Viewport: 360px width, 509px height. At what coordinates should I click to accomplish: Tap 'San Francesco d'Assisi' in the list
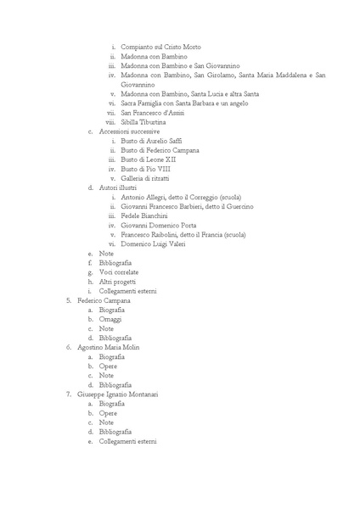[154, 112]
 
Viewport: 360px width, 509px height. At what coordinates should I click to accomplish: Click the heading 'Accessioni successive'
[129, 131]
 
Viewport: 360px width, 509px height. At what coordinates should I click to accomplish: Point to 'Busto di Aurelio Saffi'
[151, 140]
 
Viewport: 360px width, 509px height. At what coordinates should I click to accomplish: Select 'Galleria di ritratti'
[148, 177]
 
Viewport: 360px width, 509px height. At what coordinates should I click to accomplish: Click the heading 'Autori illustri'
[118, 187]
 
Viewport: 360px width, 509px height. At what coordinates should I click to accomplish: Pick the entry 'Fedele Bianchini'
[146, 215]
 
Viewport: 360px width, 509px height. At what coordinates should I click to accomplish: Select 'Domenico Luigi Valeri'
[153, 243]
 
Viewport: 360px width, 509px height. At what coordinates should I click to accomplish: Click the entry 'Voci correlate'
[117, 271]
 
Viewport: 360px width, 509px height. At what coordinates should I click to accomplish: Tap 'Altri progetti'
[116, 281]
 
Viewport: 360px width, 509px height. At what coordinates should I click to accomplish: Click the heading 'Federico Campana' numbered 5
[104, 300]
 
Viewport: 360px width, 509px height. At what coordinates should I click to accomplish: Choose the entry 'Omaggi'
[110, 319]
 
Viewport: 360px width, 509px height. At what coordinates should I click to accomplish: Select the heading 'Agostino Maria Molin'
[108, 347]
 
